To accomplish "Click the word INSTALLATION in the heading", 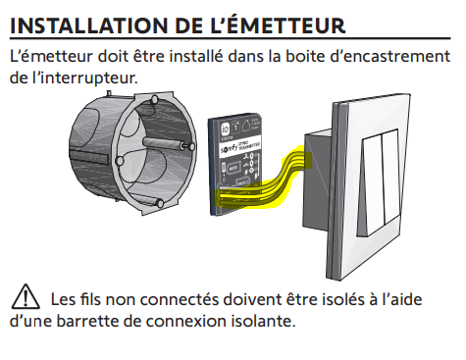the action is point(85,26).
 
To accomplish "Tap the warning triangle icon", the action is point(26,297).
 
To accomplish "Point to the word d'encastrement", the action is point(390,56).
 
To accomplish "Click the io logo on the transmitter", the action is point(226,129).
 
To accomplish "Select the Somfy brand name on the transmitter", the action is point(229,149).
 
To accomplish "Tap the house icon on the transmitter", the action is point(246,125).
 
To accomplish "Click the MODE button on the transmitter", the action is point(233,169).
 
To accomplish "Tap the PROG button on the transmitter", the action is point(242,183).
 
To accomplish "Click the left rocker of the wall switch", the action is point(373,185).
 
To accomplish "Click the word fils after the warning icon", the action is point(90,299).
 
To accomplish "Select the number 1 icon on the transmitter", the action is point(235,127).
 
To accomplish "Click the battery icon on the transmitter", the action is point(225,169).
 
